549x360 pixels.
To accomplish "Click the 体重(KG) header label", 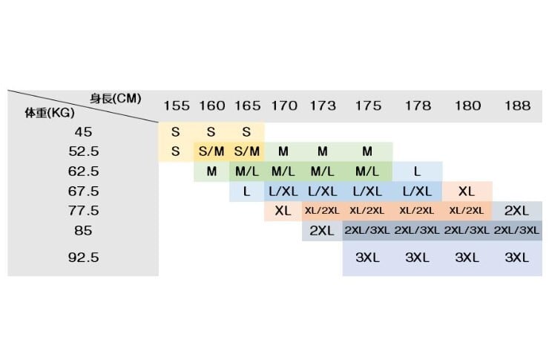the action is pyautogui.click(x=49, y=114).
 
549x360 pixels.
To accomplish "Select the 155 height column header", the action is pyautogui.click(x=176, y=105).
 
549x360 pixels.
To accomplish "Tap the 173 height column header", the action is pyautogui.click(x=322, y=105).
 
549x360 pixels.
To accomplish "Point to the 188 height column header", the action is pyautogui.click(x=516, y=105).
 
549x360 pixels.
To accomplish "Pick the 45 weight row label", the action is pyautogui.click(x=83, y=132).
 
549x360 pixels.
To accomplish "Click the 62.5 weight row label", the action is pyautogui.click(x=83, y=171).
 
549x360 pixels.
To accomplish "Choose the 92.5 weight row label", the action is pyautogui.click(x=83, y=258).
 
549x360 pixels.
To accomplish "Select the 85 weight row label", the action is pyautogui.click(x=83, y=230).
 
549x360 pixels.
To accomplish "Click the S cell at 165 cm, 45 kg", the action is pyautogui.click(x=246, y=132).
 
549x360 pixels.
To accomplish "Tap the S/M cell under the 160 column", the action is pyautogui.click(x=211, y=151).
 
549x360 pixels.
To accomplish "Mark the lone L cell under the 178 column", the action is pyautogui.click(x=417, y=171).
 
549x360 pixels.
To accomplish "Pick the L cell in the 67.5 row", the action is pyautogui.click(x=246, y=191).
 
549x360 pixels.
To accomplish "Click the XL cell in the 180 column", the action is pyautogui.click(x=467, y=191).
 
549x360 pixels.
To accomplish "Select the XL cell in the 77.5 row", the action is pyautogui.click(x=283, y=210).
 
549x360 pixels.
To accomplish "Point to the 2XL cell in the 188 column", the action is pyautogui.click(x=516, y=210).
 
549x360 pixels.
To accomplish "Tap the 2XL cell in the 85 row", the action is pyautogui.click(x=322, y=230).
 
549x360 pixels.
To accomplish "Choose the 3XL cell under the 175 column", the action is pyautogui.click(x=367, y=258).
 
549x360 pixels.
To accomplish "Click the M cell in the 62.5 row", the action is pyautogui.click(x=211, y=171).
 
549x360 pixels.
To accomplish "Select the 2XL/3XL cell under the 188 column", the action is pyautogui.click(x=516, y=230).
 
